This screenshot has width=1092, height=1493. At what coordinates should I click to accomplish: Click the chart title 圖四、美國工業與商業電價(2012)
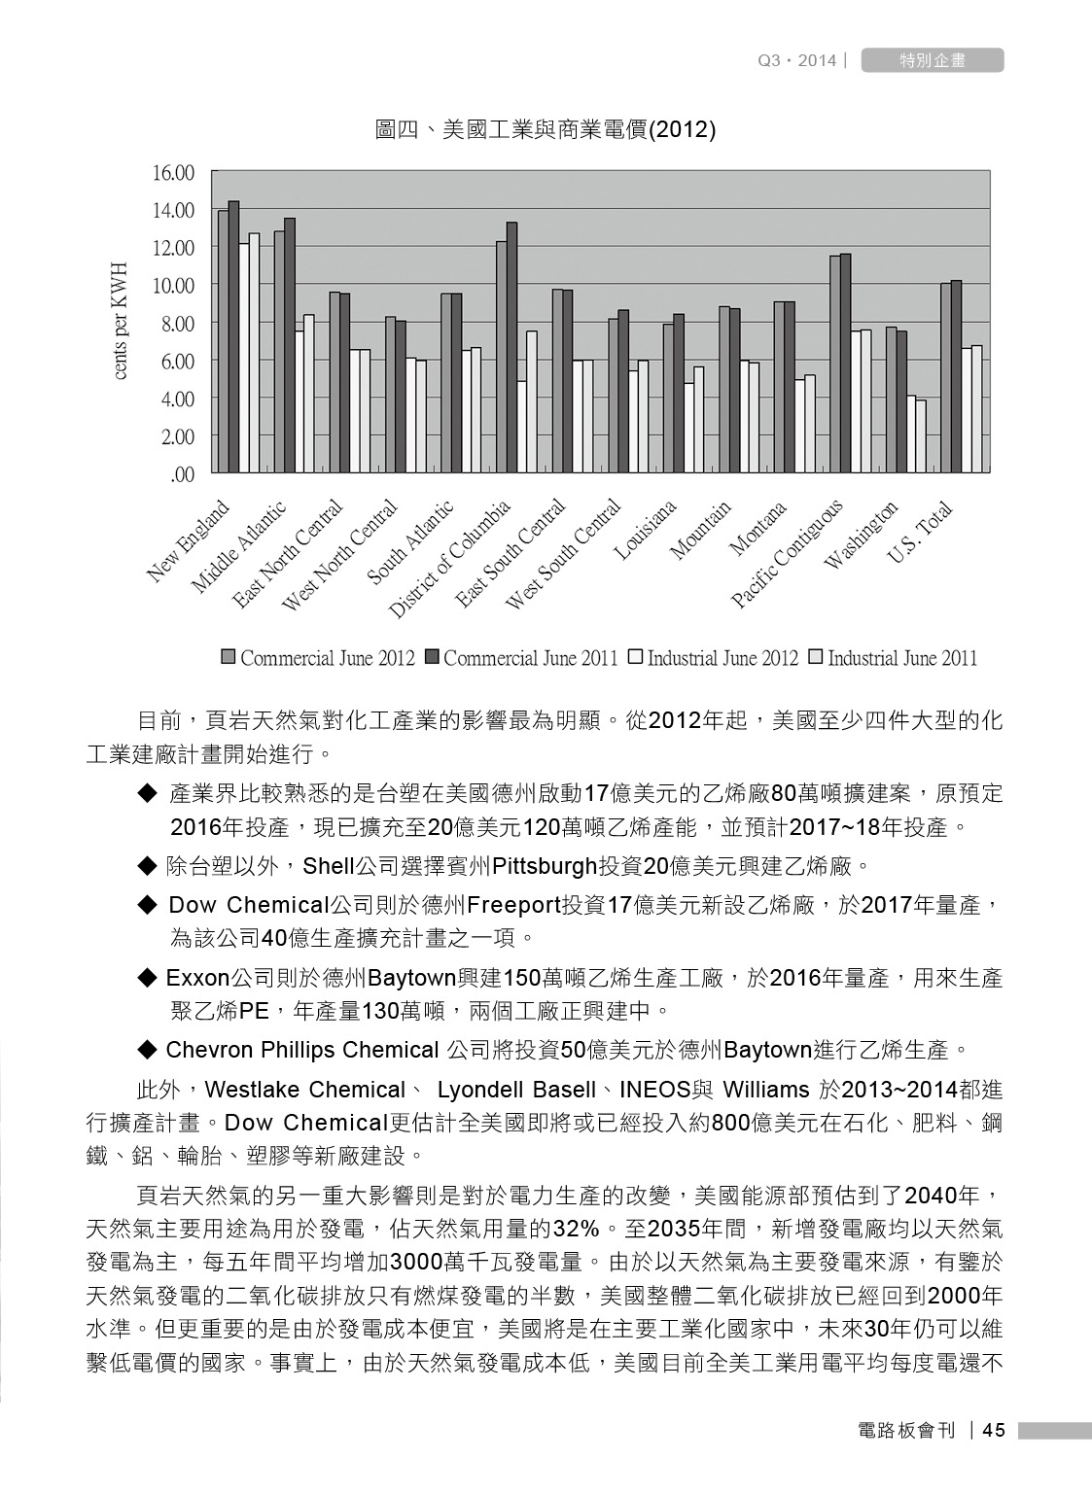click(x=546, y=130)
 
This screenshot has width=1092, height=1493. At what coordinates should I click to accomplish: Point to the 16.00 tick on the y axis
click(x=173, y=173)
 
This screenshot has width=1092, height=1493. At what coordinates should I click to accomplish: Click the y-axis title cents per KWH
click(x=120, y=321)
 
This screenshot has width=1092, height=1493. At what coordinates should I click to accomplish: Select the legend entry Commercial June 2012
click(x=318, y=658)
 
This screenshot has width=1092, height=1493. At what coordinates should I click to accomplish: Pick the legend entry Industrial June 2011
click(x=893, y=658)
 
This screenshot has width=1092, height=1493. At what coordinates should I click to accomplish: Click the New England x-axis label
click(x=191, y=541)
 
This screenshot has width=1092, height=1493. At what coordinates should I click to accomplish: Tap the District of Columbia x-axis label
click(x=450, y=560)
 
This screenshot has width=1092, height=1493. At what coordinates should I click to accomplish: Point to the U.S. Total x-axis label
click(x=920, y=534)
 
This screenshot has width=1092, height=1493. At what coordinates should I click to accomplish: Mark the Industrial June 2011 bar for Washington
click(x=921, y=436)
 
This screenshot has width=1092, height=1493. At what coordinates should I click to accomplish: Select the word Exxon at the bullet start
click(x=197, y=978)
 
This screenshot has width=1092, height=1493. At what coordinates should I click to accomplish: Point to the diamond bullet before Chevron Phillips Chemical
click(x=148, y=1050)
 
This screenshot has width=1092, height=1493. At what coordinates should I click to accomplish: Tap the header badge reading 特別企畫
click(x=933, y=60)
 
